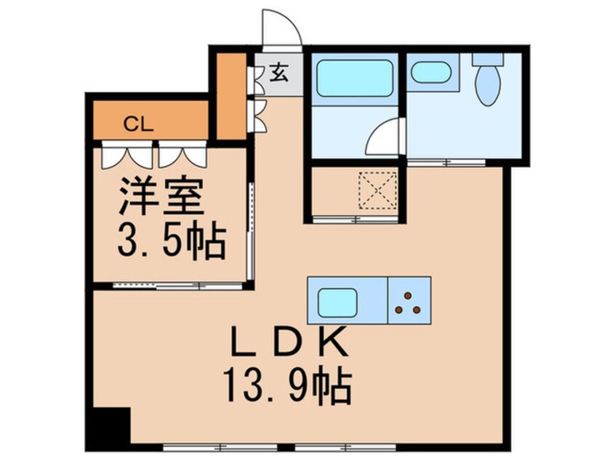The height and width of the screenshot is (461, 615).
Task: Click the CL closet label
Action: [137, 124]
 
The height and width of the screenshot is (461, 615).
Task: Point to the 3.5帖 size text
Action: [170, 241]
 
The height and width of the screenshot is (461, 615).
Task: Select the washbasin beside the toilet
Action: [430, 72]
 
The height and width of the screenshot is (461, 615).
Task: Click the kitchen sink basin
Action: [337, 299]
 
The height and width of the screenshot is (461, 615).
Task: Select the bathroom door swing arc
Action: [383, 137]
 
